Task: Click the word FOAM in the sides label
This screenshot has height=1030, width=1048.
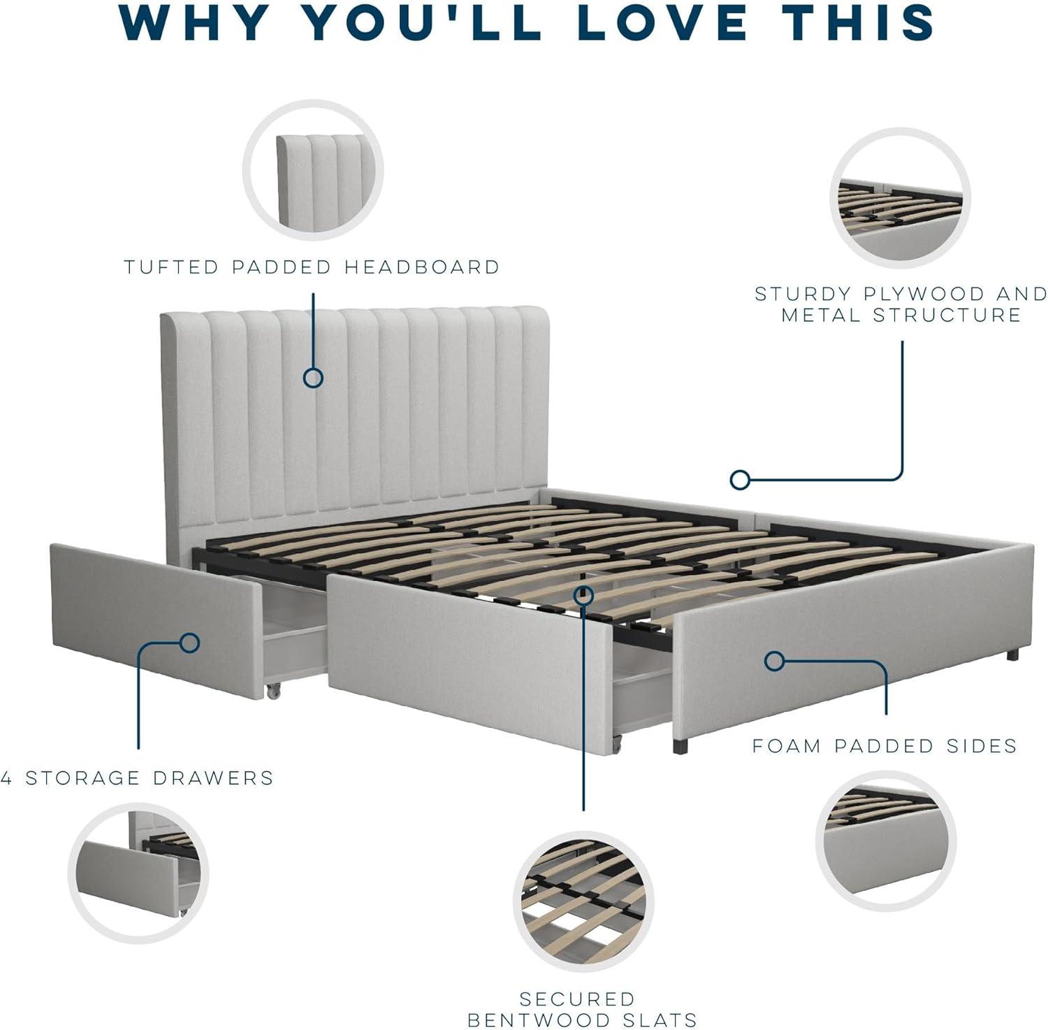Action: pos(786,746)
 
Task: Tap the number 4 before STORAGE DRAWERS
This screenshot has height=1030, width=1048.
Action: pos(6,778)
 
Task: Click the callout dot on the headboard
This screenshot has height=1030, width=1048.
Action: pos(313,378)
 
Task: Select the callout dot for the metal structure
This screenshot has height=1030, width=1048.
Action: pos(740,480)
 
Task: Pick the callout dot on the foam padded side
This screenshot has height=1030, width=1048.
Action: pos(774,661)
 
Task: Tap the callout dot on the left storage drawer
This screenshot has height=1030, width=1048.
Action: pos(190,643)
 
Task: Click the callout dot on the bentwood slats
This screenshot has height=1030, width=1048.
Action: pos(583,595)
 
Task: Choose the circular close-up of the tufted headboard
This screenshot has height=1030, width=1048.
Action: pos(313,170)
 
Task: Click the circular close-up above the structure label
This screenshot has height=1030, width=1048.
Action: pos(901,199)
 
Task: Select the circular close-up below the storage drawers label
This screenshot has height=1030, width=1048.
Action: pos(138,873)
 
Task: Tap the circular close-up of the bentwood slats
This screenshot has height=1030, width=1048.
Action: pos(583,901)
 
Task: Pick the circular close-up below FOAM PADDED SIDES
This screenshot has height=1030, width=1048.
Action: pos(886,841)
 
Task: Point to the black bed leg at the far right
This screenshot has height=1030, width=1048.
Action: pos(1013,655)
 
